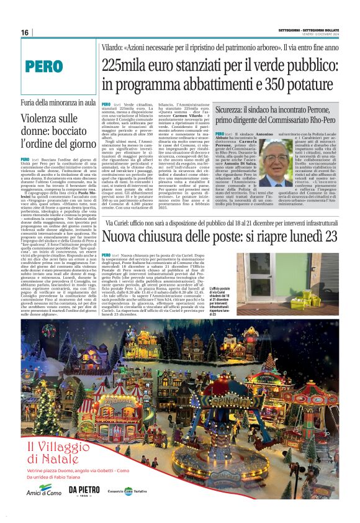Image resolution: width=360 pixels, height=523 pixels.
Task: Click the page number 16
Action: click(x=25, y=32)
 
